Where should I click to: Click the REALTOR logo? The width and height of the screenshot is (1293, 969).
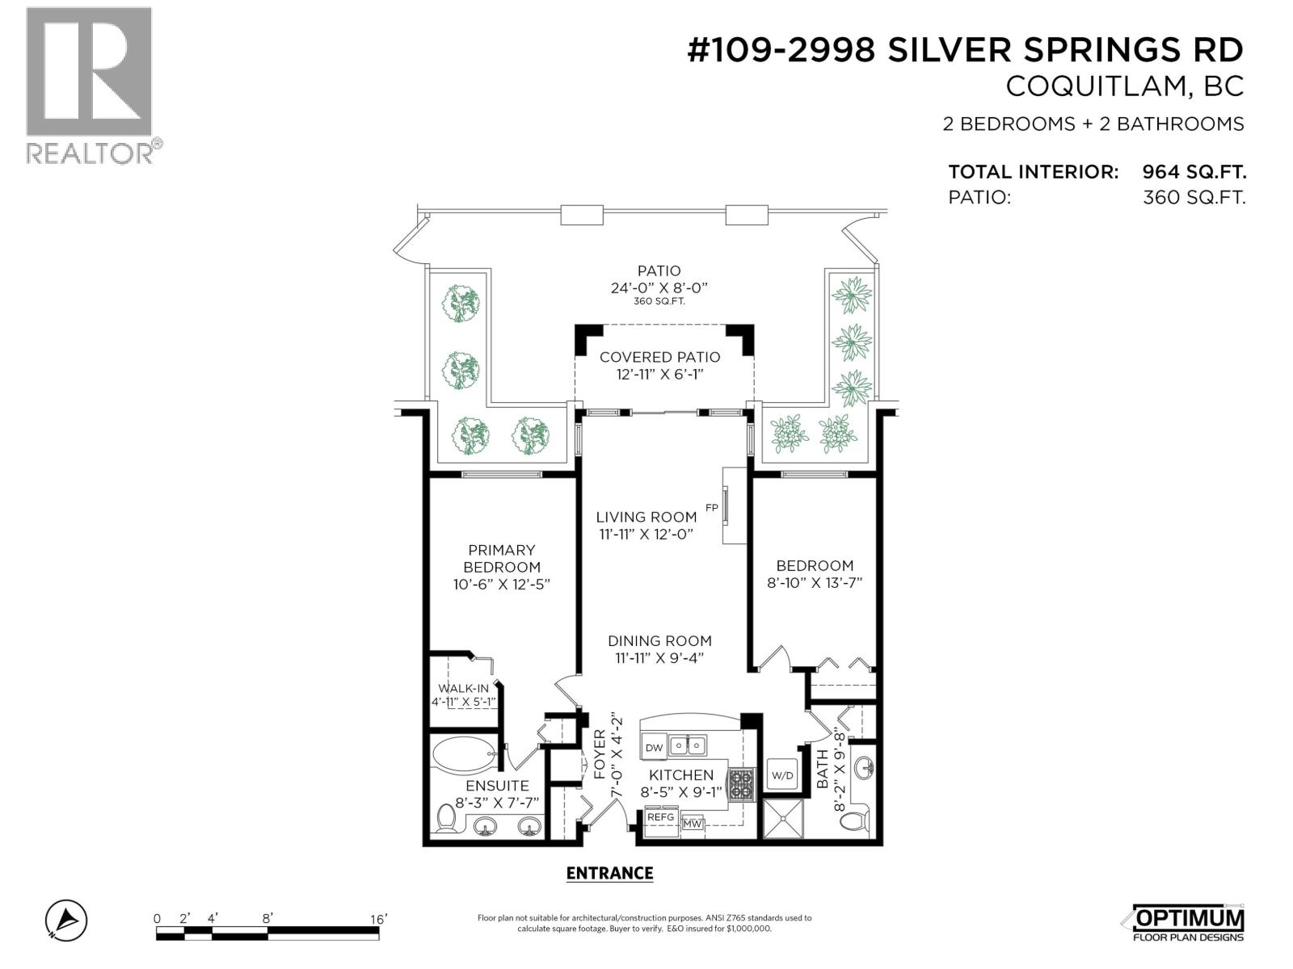coord(89,85)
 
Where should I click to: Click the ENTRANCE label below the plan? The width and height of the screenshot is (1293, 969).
coord(609,873)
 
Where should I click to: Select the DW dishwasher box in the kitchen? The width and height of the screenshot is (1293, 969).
coord(654,748)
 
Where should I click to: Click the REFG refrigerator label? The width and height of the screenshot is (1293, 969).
coord(660,817)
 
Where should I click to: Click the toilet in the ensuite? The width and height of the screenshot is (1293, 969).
coord(445,819)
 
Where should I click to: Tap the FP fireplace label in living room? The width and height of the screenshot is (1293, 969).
coord(711,508)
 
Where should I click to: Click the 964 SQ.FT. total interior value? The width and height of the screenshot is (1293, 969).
coord(1194,172)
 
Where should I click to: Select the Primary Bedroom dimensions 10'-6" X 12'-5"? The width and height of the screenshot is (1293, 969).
coord(502,584)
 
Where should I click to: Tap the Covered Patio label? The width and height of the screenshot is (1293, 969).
coord(659,357)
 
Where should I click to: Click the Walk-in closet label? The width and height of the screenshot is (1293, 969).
coord(463,688)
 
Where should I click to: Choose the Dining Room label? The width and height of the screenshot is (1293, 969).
coord(659,641)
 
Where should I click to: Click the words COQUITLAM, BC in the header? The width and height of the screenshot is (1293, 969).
coord(1124,87)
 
